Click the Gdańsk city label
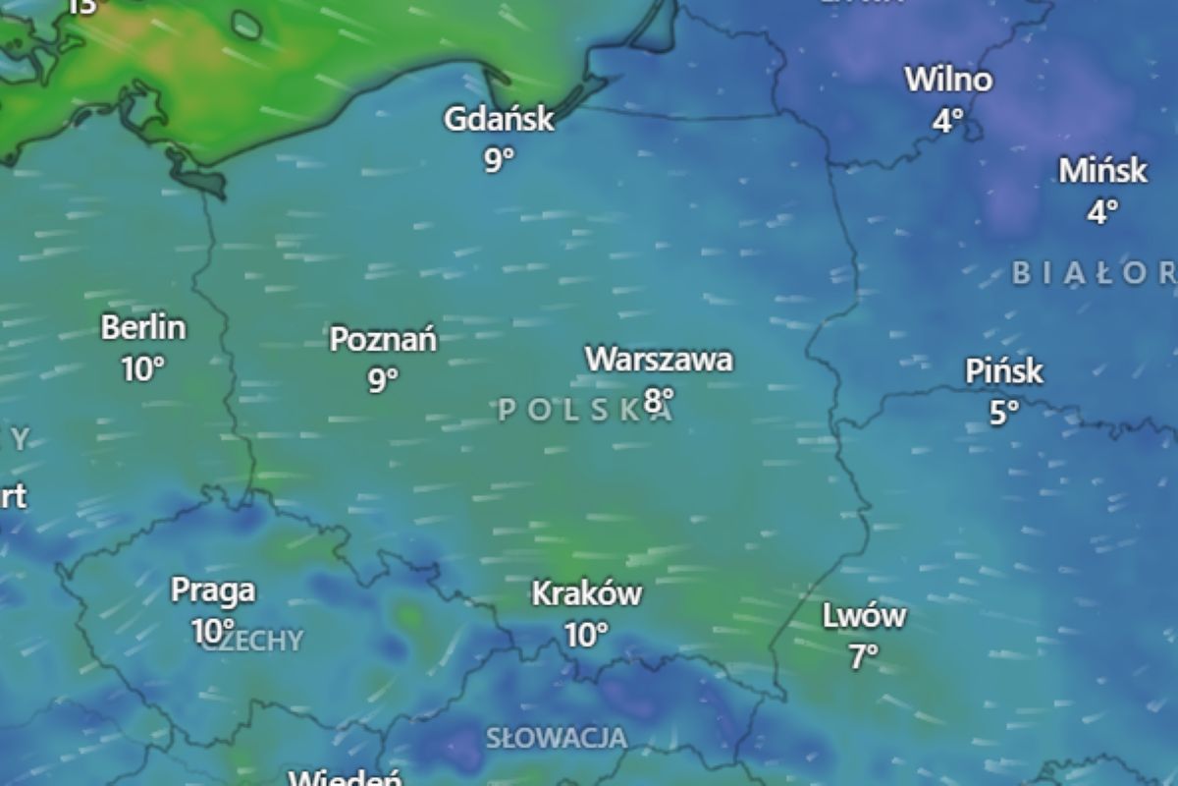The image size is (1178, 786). pyautogui.click(x=499, y=120)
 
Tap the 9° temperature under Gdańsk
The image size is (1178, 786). pyautogui.click(x=499, y=159)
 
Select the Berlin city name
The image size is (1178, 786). pyautogui.click(x=143, y=327)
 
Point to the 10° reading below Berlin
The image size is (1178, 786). pyautogui.click(x=143, y=369)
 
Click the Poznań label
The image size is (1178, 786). pyautogui.click(x=383, y=340)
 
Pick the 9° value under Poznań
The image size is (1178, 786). pyautogui.click(x=383, y=379)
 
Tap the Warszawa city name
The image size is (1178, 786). pyautogui.click(x=659, y=360)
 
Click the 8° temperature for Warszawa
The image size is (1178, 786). pyautogui.click(x=660, y=399)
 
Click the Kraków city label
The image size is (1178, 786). pyautogui.click(x=587, y=593)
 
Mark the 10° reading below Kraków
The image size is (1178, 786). pyautogui.click(x=587, y=635)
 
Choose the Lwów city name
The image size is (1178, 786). pyautogui.click(x=864, y=617)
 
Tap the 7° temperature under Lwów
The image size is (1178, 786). pyautogui.click(x=864, y=656)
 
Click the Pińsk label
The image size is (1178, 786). pyautogui.click(x=1004, y=371)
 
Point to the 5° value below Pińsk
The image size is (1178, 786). pyautogui.click(x=1004, y=413)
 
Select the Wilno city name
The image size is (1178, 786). pyautogui.click(x=948, y=79)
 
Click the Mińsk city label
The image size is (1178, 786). pyautogui.click(x=1102, y=170)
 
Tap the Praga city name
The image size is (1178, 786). pyautogui.click(x=213, y=590)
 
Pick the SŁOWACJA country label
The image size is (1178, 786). pyautogui.click(x=557, y=737)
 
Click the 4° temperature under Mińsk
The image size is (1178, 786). pyautogui.click(x=1102, y=211)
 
